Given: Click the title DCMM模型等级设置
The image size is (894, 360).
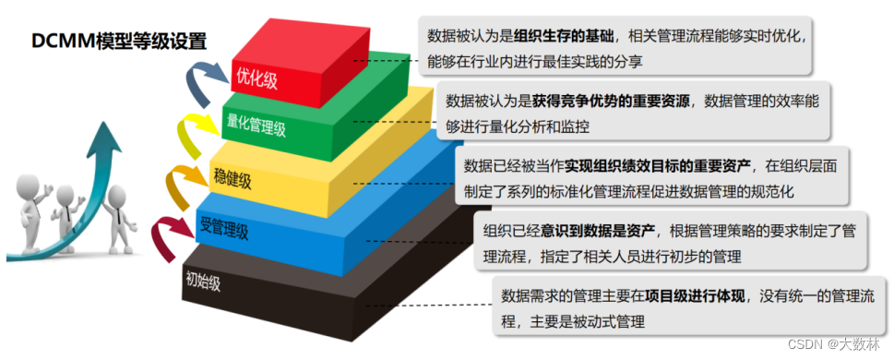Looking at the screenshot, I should click(x=119, y=41).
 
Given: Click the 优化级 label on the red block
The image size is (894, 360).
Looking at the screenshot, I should click(x=257, y=80).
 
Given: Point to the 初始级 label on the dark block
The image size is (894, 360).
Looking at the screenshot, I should click(x=203, y=281).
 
